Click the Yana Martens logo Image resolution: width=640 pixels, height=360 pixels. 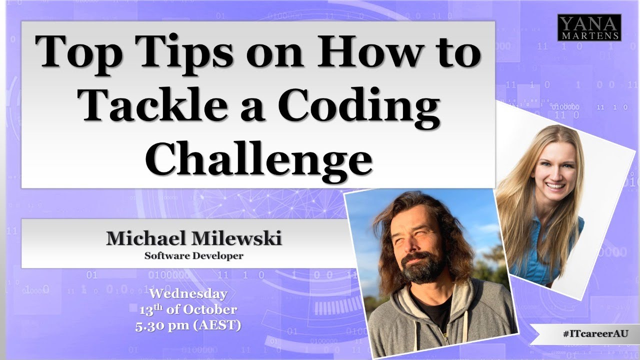[589, 27]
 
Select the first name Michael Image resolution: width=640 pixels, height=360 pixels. [147, 238]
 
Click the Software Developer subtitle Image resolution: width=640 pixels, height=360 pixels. [193, 256]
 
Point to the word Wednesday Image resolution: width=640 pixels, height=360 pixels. [188, 293]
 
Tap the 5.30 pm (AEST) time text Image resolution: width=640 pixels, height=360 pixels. [188, 326]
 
